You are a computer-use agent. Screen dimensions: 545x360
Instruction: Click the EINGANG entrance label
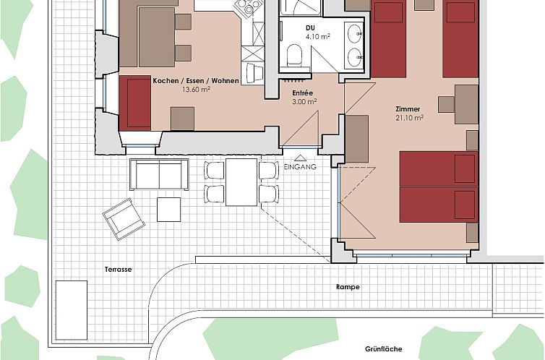pyautogui.click(x=300, y=167)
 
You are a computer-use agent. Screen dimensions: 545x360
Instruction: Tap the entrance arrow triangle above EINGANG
pyautogui.click(x=300, y=158)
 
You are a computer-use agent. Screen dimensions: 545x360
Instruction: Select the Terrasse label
pyautogui.click(x=118, y=270)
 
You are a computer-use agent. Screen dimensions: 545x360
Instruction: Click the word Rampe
pyautogui.click(x=348, y=287)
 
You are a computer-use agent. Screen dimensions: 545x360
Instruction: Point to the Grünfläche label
pyautogui.click(x=383, y=349)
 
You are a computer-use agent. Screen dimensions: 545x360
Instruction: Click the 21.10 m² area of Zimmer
pyautogui.click(x=409, y=118)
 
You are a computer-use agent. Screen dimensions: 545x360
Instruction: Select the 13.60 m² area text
pyautogui.click(x=197, y=90)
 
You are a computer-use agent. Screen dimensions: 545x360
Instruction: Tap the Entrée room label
pyautogui.click(x=302, y=93)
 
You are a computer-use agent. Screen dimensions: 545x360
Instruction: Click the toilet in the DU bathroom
pyautogui.click(x=294, y=55)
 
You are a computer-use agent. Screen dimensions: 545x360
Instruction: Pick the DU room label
pyautogui.click(x=310, y=27)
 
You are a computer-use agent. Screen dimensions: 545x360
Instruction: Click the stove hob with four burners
pyautogui.click(x=249, y=7)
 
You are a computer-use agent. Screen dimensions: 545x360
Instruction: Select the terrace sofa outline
pyautogui.click(x=159, y=174)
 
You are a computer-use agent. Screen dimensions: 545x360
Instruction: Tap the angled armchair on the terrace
pyautogui.click(x=124, y=219)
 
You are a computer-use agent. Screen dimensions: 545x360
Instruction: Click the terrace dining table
pyautogui.click(x=241, y=182)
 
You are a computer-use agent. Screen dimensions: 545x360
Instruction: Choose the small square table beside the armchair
pyautogui.click(x=168, y=210)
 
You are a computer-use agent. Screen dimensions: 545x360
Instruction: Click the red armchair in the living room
pyautogui.click(x=135, y=103)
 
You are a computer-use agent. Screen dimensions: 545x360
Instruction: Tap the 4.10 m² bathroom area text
pyautogui.click(x=318, y=36)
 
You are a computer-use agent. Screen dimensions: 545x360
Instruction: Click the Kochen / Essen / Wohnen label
pyautogui.click(x=196, y=81)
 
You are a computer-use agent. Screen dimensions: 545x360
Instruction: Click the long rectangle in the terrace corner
pyautogui.click(x=72, y=310)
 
